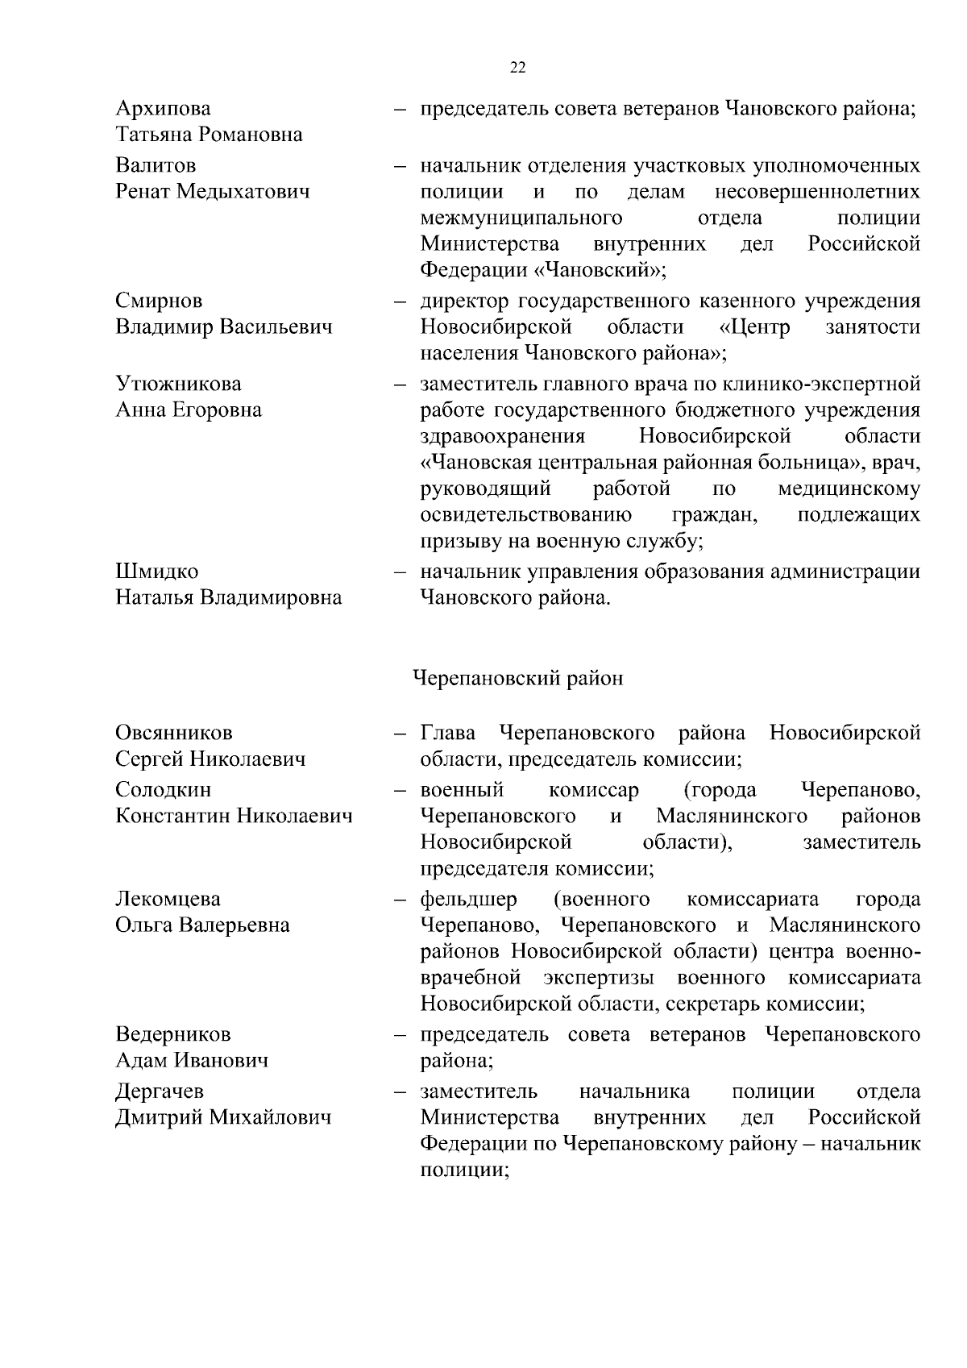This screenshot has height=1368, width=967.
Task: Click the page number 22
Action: (518, 68)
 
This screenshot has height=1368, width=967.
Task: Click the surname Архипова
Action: (163, 109)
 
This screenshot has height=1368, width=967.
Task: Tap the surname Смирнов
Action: (159, 301)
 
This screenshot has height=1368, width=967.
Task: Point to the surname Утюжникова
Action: (178, 384)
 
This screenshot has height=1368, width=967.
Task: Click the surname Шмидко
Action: (156, 572)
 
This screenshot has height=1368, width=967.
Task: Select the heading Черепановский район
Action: (517, 679)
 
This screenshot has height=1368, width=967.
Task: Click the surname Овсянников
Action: (173, 733)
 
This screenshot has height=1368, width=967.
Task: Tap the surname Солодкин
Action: (163, 790)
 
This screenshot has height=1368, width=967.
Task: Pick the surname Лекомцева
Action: (168, 899)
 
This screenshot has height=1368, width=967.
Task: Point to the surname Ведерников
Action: (172, 1034)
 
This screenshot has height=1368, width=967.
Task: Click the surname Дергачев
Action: (160, 1091)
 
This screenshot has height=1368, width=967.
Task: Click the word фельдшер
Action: (469, 899)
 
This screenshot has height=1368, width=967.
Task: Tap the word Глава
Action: (448, 733)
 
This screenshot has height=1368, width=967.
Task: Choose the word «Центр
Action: (754, 327)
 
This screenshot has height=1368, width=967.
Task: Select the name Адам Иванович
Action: (192, 1061)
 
